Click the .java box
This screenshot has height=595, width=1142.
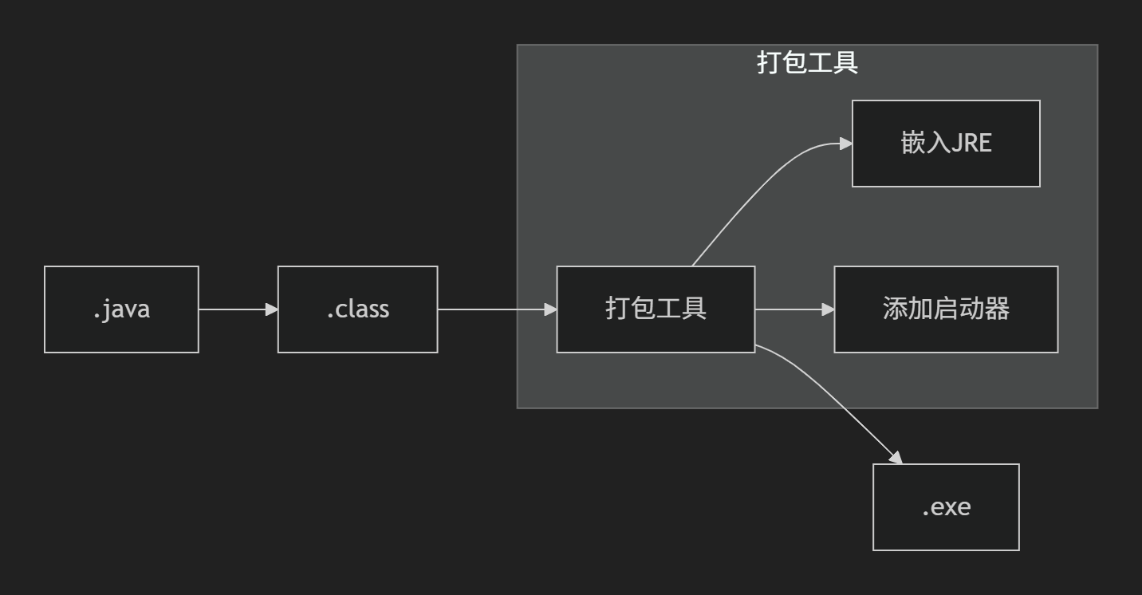click(121, 309)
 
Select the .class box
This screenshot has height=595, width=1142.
click(357, 309)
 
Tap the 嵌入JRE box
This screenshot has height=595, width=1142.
click(946, 144)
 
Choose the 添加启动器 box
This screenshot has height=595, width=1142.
click(946, 309)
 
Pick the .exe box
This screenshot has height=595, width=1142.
click(946, 507)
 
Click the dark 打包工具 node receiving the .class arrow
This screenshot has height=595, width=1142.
click(656, 309)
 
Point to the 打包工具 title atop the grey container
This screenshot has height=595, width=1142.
click(807, 63)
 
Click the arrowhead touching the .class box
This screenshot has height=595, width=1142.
click(271, 309)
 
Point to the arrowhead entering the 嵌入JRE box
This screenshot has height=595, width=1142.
click(845, 144)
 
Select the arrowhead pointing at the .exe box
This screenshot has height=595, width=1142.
click(896, 458)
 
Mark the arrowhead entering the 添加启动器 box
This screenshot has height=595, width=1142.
click(828, 309)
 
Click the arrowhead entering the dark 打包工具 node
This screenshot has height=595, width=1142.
click(550, 309)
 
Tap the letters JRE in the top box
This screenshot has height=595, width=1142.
click(971, 144)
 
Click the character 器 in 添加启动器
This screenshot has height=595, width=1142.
click(998, 309)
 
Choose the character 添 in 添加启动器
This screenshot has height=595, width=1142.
click(896, 309)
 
